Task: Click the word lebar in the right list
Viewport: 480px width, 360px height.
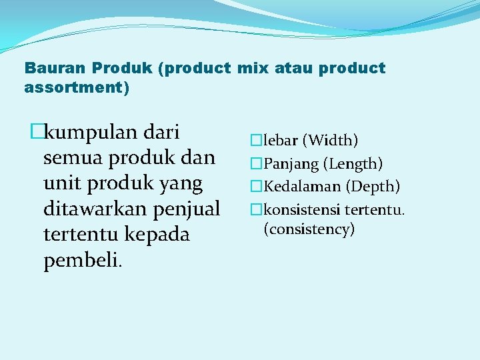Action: click(281, 141)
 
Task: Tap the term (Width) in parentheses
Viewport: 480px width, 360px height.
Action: click(331, 141)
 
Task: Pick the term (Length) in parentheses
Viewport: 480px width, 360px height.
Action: click(353, 163)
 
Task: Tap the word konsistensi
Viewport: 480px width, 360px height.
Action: click(302, 210)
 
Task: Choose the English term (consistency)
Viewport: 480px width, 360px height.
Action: click(309, 229)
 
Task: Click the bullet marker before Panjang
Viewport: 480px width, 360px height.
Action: click(254, 164)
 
